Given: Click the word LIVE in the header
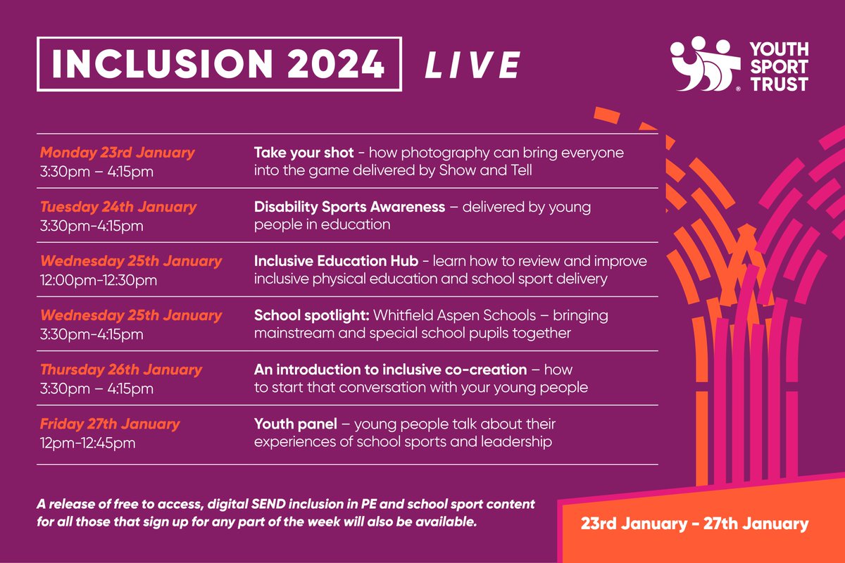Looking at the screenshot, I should tap(472, 65).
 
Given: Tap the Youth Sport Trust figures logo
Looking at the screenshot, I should tap(700, 65).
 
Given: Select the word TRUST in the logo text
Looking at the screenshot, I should tap(780, 84).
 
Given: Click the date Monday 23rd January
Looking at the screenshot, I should tap(117, 153).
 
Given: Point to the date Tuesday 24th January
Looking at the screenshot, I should tap(118, 207).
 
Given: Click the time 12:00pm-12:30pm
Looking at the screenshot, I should tap(98, 279).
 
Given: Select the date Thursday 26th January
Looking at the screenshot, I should tap(120, 369).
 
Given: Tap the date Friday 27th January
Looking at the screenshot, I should tap(109, 424).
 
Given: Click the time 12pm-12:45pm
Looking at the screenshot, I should tap(87, 442).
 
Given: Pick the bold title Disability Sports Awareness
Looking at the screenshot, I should tap(349, 207).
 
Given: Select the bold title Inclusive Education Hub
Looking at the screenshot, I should tap(336, 261).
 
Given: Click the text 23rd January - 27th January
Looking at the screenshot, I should tap(694, 524).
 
